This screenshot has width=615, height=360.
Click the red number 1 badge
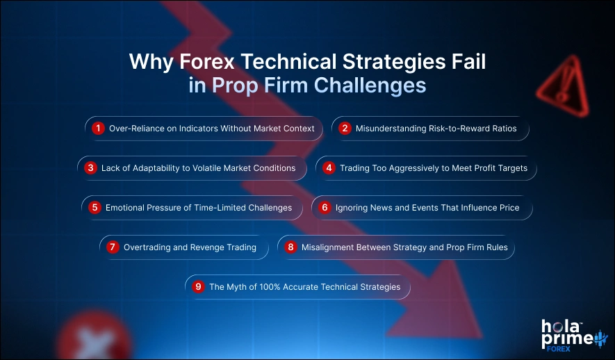(x=99, y=129)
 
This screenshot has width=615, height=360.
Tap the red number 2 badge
(x=345, y=129)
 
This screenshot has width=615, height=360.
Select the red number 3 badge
(x=90, y=168)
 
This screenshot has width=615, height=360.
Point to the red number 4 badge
(x=329, y=168)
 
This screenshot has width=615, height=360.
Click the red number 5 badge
(x=95, y=208)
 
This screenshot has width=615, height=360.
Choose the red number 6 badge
(x=325, y=208)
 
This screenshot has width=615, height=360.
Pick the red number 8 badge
(x=291, y=247)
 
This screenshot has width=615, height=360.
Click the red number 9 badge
(x=199, y=287)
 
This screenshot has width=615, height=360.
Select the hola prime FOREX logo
(x=568, y=335)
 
